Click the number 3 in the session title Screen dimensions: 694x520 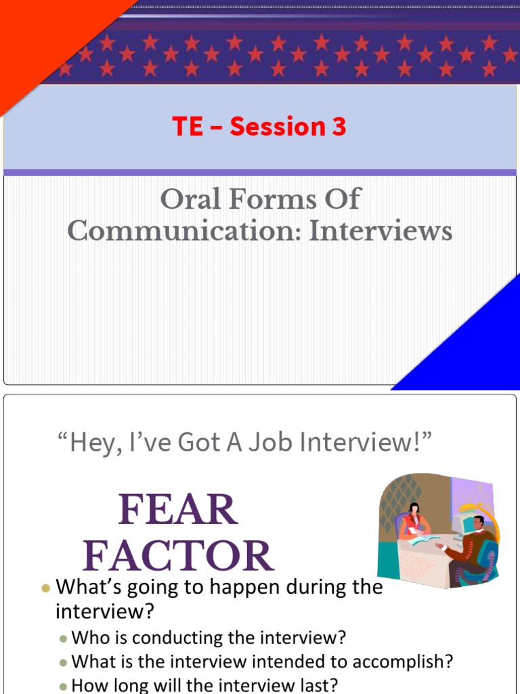point(338,127)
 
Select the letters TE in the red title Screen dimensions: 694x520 point(188,127)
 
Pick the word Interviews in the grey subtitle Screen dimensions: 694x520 point(381,231)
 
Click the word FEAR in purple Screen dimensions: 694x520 point(178,510)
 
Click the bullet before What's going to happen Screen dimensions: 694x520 point(45,588)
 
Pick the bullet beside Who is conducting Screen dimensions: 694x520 point(63,638)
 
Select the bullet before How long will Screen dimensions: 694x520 point(63,686)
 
